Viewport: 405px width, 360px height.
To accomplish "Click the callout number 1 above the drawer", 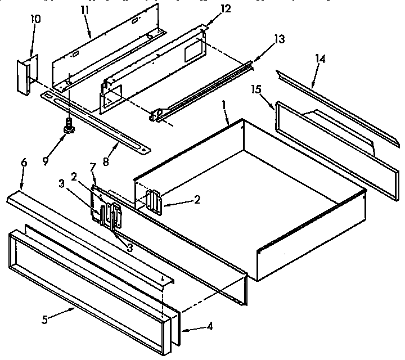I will [x=224, y=104].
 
